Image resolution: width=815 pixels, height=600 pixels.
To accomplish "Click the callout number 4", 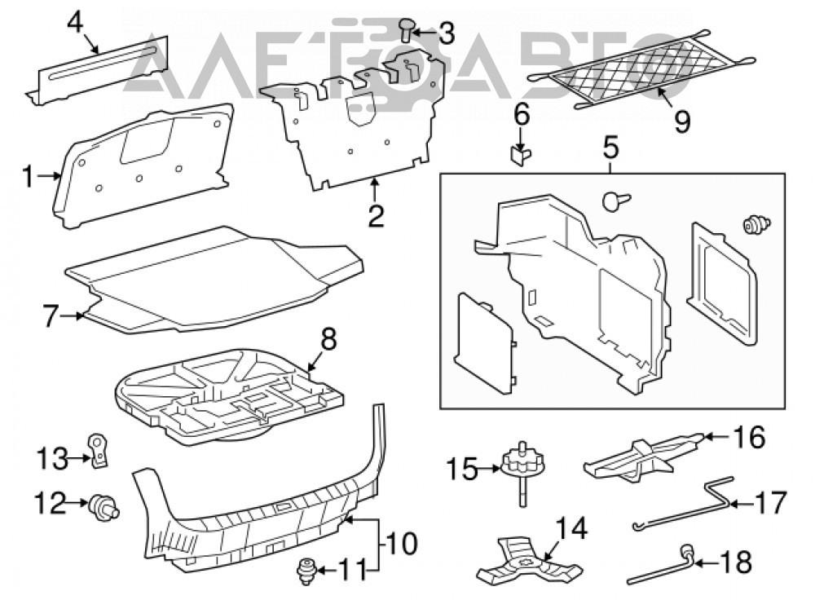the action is tap(75, 23).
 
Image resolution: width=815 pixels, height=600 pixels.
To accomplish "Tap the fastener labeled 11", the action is tap(307, 571).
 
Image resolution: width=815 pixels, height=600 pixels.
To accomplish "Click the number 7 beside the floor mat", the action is tap(50, 315).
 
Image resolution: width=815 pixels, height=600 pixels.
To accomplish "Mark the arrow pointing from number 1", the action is tap(50, 177).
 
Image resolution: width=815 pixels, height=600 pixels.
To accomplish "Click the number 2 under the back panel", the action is tap(375, 216).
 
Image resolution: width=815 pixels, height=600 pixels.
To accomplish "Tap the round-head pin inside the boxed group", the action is tap(616, 201).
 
